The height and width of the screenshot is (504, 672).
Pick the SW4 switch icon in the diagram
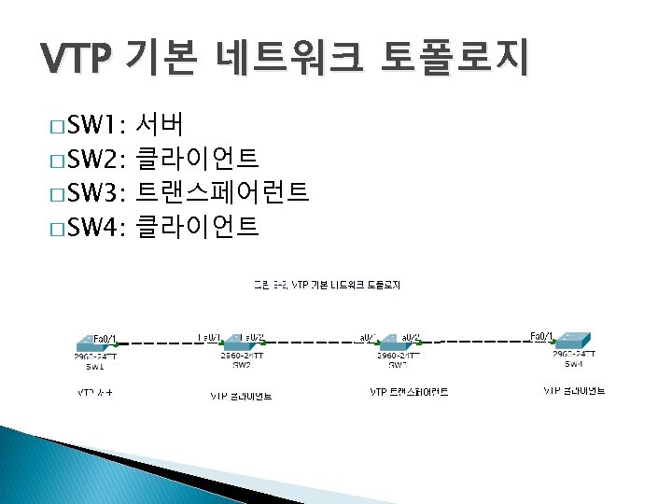click(x=573, y=343)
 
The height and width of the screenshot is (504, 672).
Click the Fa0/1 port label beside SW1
click(x=105, y=337)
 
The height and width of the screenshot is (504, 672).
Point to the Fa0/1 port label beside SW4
click(x=541, y=336)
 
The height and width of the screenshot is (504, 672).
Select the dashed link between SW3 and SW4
click(x=485, y=343)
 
